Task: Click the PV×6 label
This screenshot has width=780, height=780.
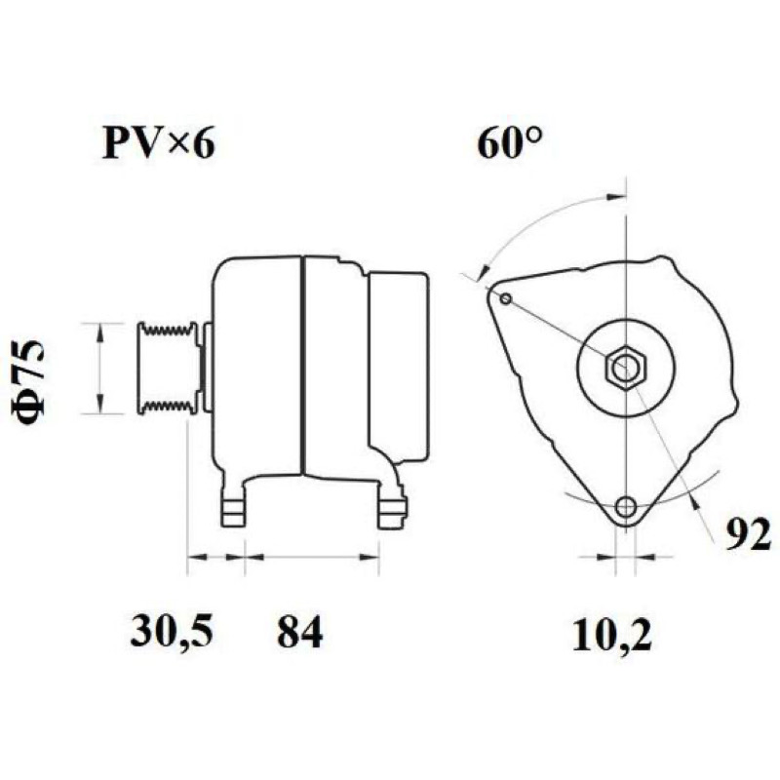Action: click(158, 142)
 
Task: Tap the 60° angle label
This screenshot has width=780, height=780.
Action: click(509, 142)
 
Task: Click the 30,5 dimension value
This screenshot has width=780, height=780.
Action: click(172, 631)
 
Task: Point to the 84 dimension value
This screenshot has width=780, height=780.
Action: click(300, 631)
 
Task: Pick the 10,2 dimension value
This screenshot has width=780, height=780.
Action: click(611, 634)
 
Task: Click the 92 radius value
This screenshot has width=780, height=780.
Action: click(748, 533)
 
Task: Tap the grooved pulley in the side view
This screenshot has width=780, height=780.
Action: click(168, 369)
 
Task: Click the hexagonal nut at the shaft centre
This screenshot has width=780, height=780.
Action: click(626, 369)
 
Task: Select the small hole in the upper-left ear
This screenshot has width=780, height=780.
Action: click(506, 299)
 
